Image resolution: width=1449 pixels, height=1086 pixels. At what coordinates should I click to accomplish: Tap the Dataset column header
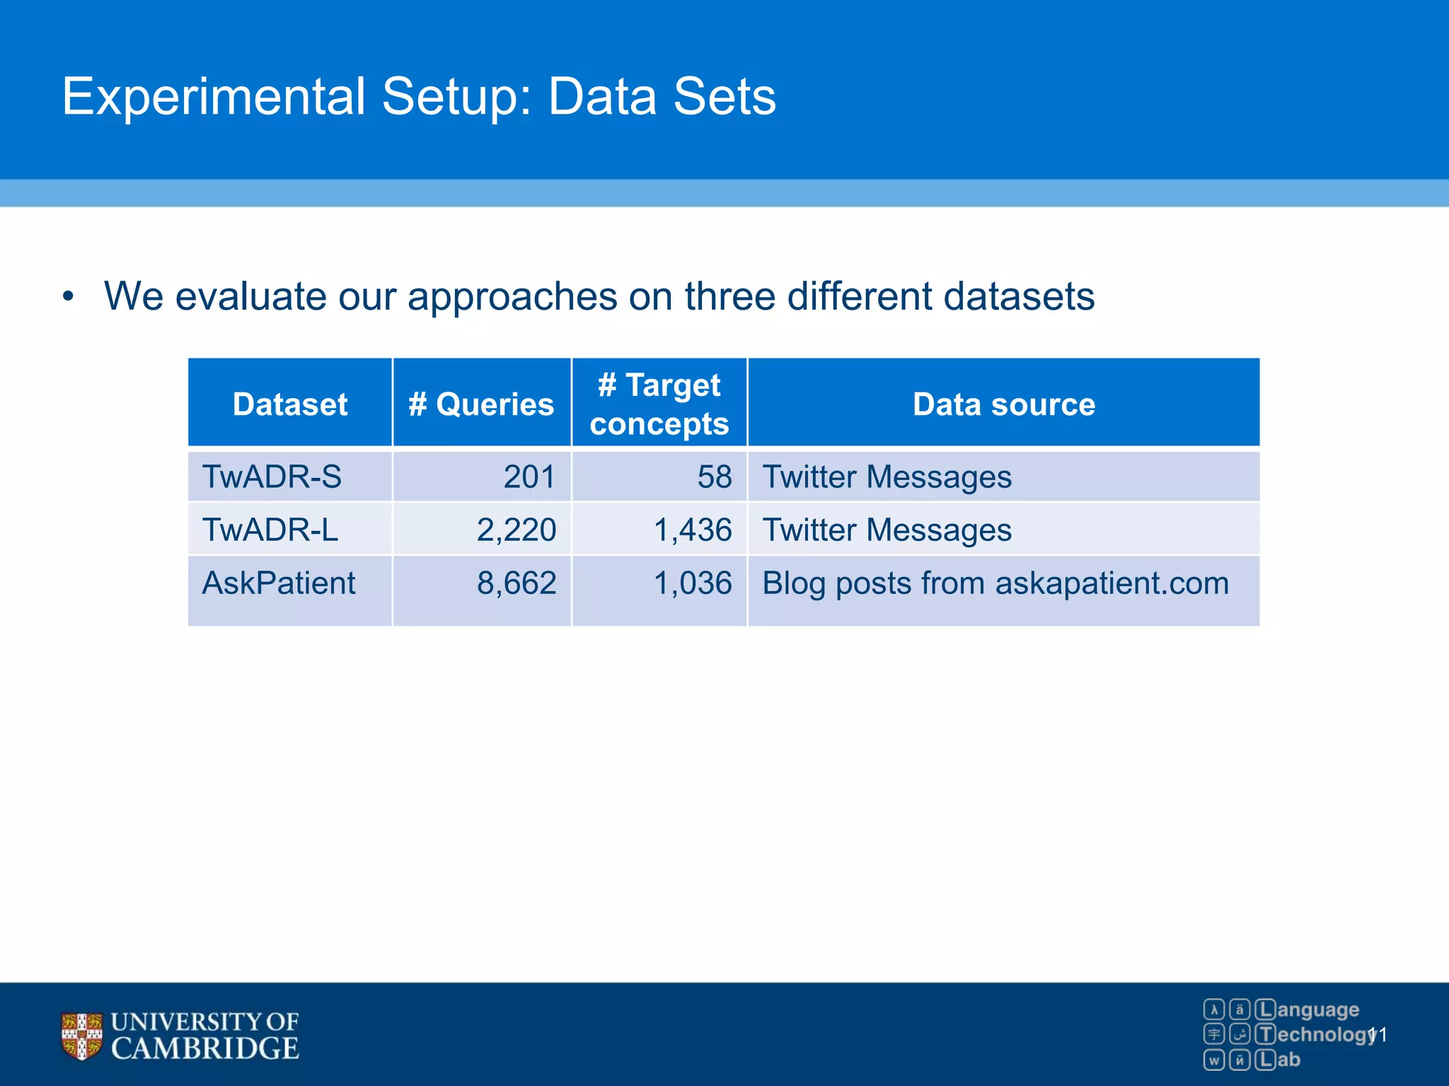coord(290,404)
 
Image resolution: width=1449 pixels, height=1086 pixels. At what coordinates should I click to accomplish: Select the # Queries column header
coord(481,404)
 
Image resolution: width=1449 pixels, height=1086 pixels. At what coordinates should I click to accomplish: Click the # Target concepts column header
coord(659,404)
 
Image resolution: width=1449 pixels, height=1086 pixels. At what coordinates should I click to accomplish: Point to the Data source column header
coord(1003,404)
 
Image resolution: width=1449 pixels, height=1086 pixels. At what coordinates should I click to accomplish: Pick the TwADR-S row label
coord(272,477)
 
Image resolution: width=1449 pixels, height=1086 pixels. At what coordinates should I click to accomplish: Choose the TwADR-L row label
coord(270,530)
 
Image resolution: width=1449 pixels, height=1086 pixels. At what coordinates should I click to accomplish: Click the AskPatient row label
coord(279,583)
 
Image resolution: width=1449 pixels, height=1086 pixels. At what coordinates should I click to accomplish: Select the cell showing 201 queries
coord(529,477)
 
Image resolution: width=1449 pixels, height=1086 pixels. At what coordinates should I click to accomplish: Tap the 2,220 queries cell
coord(516,530)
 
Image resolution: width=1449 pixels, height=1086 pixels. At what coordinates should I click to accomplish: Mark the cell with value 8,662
coord(516,583)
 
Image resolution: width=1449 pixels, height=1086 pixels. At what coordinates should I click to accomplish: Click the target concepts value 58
coord(714,477)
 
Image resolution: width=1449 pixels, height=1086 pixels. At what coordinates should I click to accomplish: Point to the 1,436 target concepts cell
coord(693,530)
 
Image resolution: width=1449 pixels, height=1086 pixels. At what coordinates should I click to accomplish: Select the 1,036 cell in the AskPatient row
coord(693,583)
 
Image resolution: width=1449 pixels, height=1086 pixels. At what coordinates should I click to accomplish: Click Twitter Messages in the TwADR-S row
coord(887,477)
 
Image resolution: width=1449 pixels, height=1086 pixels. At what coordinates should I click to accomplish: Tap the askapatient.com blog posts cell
coord(995,583)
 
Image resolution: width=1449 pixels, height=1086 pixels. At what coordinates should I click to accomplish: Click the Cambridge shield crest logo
coord(81,1036)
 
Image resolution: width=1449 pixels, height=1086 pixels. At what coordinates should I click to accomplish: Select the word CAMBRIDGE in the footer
coord(205,1049)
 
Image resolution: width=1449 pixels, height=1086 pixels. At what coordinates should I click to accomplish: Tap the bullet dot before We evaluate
coord(68,297)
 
